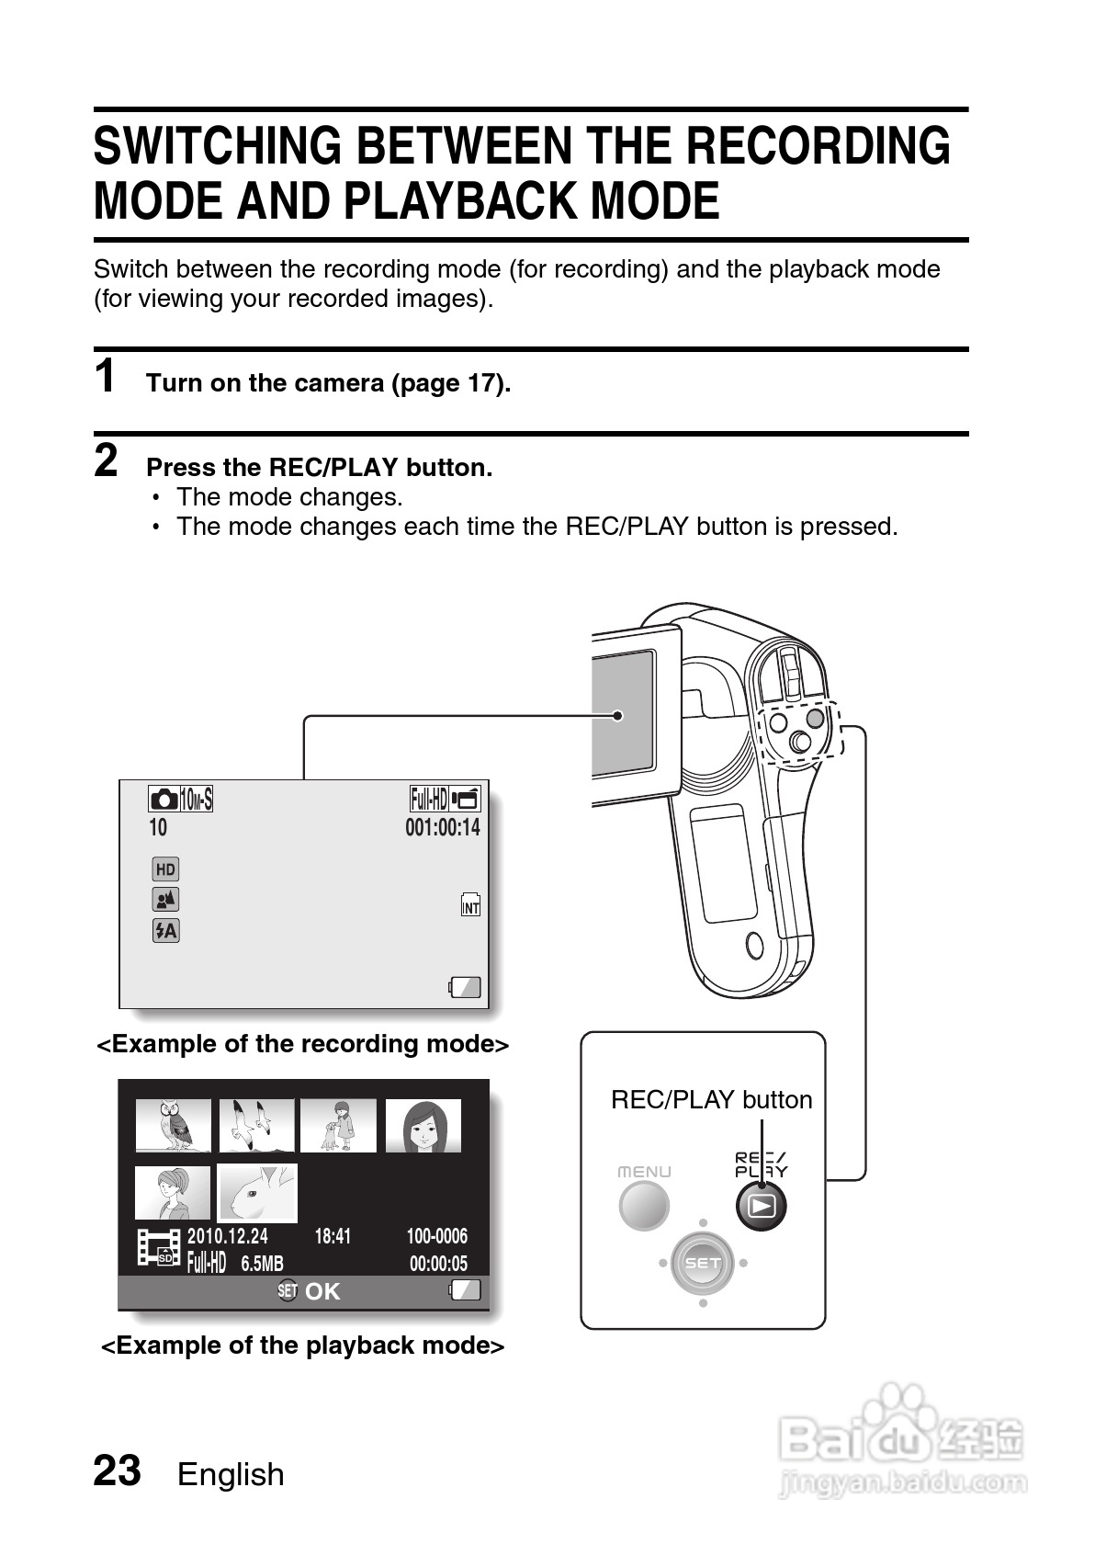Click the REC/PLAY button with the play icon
(761, 1206)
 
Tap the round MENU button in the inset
(643, 1206)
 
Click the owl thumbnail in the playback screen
(173, 1125)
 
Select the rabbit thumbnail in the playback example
(257, 1192)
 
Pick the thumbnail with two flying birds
(257, 1125)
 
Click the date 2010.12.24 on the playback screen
(228, 1236)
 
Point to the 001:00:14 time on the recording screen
(443, 827)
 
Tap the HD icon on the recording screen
(165, 869)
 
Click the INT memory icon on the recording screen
(470, 905)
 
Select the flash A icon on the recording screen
(165, 930)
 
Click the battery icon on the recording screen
(465, 987)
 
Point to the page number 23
(118, 1470)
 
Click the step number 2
(107, 460)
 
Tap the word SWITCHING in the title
(218, 147)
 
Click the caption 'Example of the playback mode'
(302, 1345)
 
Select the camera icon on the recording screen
(164, 799)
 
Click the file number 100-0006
(436, 1236)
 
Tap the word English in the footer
(231, 1474)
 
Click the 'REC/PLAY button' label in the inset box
(711, 1100)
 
